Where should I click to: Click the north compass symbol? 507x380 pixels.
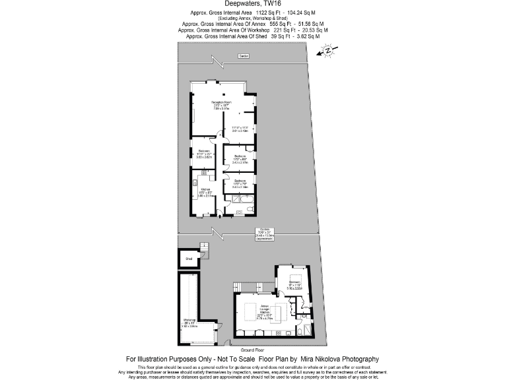[327, 51]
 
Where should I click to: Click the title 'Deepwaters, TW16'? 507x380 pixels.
[253, 4]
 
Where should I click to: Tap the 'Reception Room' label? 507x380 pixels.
[222, 103]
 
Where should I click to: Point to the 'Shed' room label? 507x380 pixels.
[189, 259]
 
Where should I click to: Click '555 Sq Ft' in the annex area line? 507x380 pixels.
[283, 24]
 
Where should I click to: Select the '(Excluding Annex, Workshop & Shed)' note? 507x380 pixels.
[253, 18]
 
